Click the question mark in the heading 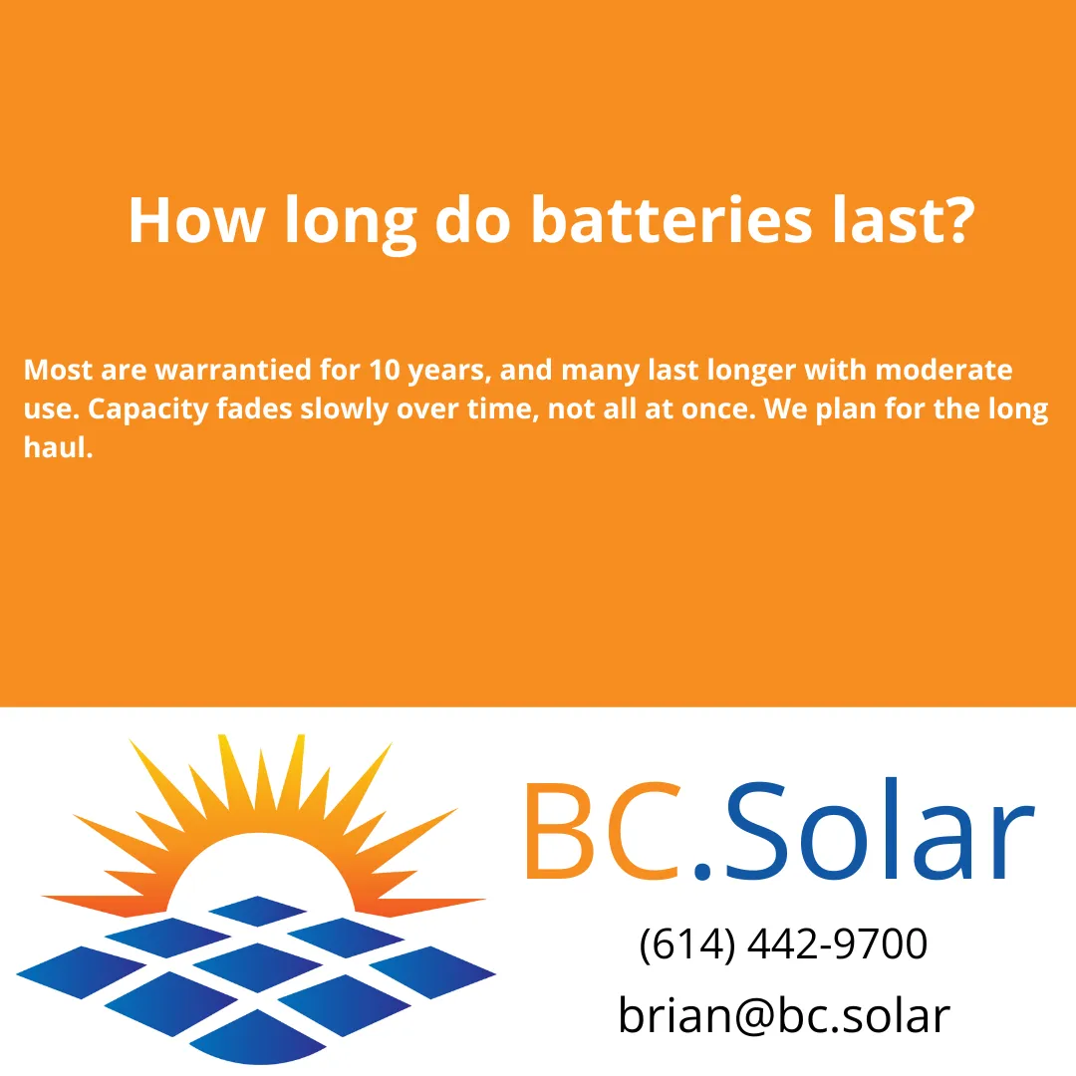pyautogui.click(x=950, y=220)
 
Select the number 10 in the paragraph pyautogui.click(x=383, y=371)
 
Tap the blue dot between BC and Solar pyautogui.click(x=703, y=872)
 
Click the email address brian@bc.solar pyautogui.click(x=784, y=1015)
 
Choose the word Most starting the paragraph pyautogui.click(x=59, y=371)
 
